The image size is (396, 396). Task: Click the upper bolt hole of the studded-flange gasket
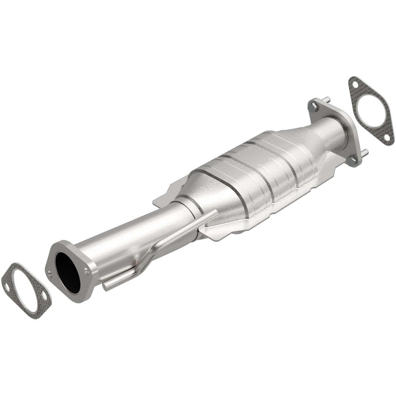pos(355,85)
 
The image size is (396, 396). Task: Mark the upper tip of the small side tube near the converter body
pos(214,213)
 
